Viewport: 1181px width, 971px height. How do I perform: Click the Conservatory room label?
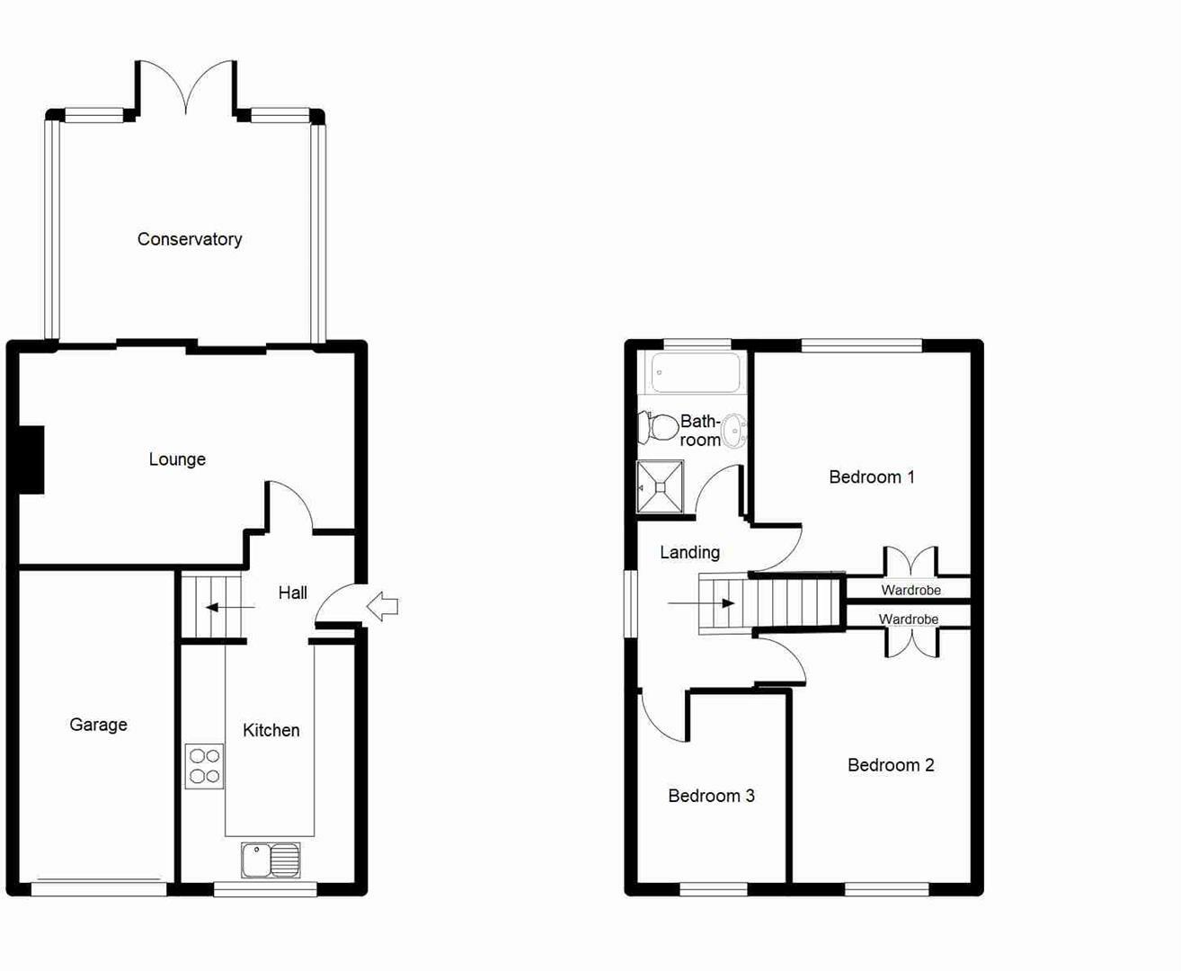point(190,239)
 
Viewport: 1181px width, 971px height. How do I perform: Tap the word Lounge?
point(177,459)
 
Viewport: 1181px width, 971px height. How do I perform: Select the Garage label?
point(98,725)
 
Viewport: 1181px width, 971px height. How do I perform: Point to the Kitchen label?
point(271,730)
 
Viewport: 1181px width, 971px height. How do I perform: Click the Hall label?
point(292,592)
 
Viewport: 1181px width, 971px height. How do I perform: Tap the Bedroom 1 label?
point(871,477)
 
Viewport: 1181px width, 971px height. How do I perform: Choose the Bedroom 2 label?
point(890,765)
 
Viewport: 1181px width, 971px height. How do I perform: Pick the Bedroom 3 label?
point(711,796)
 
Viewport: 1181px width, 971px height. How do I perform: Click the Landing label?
point(689,552)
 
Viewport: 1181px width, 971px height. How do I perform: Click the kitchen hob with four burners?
point(204,766)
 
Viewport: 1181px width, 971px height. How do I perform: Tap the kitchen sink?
point(271,860)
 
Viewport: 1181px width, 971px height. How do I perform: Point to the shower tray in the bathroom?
point(660,486)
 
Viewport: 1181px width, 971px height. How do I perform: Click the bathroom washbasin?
point(734,431)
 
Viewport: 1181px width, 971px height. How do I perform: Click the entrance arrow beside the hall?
point(384,607)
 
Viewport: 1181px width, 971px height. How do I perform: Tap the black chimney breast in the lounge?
point(31,459)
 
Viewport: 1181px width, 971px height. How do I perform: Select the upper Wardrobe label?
point(910,590)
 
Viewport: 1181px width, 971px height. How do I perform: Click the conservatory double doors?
point(186,88)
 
